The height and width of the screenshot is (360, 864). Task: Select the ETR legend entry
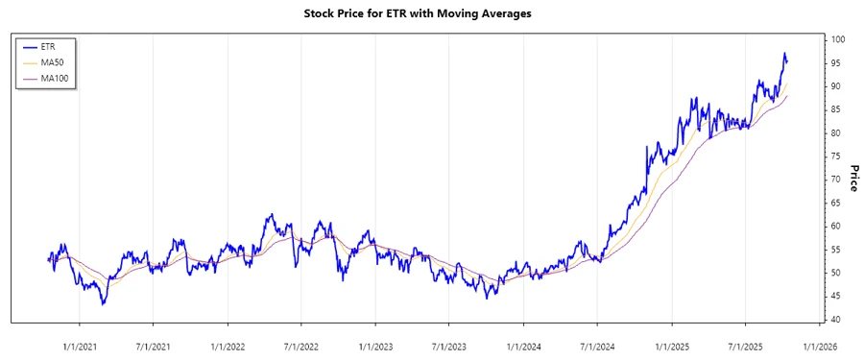click(x=50, y=45)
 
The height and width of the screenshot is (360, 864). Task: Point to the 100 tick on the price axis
click(x=839, y=39)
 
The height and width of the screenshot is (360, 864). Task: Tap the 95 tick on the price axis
click(x=837, y=63)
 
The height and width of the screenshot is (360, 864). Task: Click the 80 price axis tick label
click(x=837, y=133)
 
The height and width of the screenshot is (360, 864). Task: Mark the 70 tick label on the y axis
click(x=837, y=180)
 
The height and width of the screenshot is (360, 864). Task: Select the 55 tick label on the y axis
click(x=837, y=250)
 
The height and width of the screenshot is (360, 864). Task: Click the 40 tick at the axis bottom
click(x=837, y=320)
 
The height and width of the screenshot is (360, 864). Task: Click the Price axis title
click(x=852, y=179)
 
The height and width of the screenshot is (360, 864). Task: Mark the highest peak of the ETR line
click(x=784, y=53)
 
